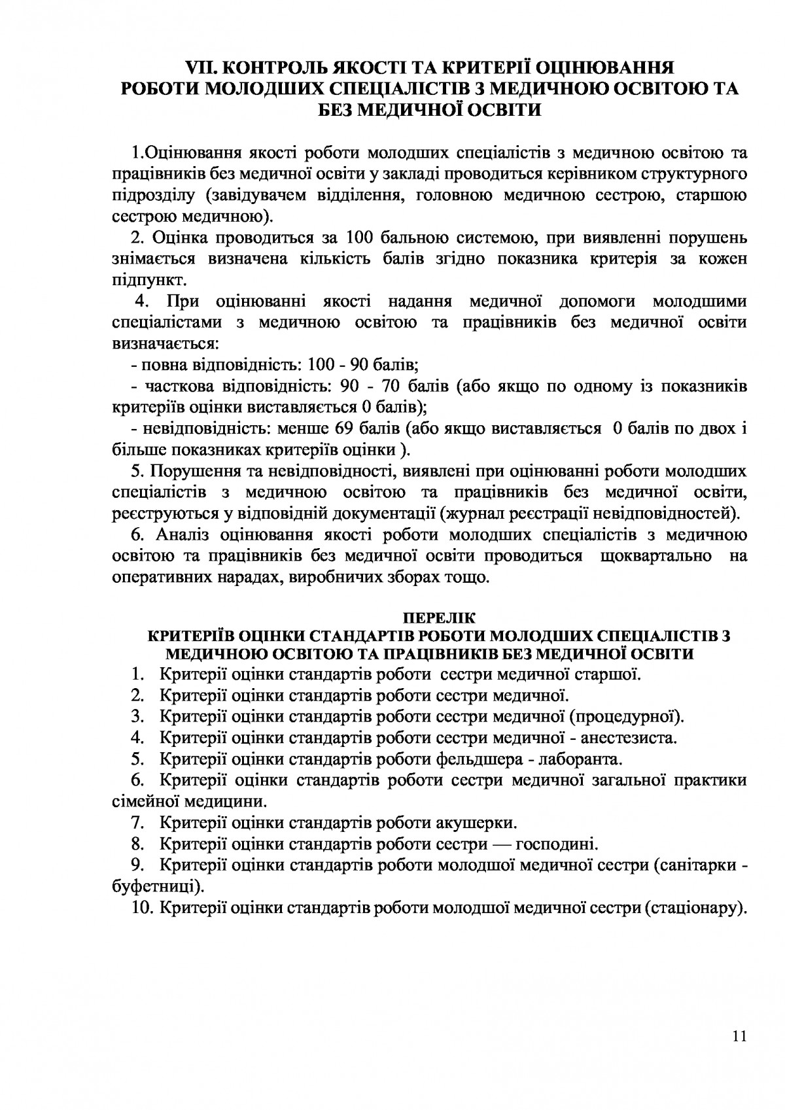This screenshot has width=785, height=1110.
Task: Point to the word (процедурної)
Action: point(627,716)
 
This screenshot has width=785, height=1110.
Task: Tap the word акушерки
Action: point(476,822)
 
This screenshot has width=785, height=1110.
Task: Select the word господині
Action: point(557,844)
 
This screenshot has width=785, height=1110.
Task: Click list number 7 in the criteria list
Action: point(137,822)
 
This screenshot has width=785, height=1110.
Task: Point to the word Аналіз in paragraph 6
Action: point(184,535)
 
